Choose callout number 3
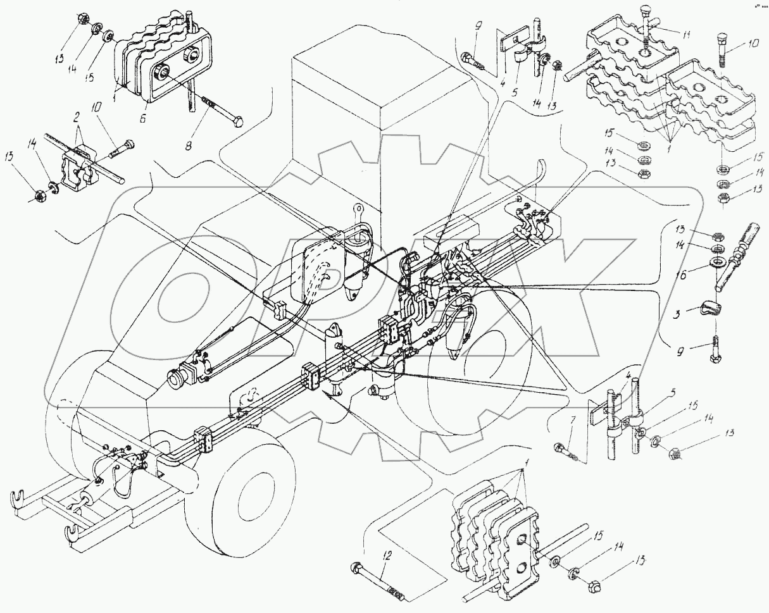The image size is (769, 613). [x=677, y=313]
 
